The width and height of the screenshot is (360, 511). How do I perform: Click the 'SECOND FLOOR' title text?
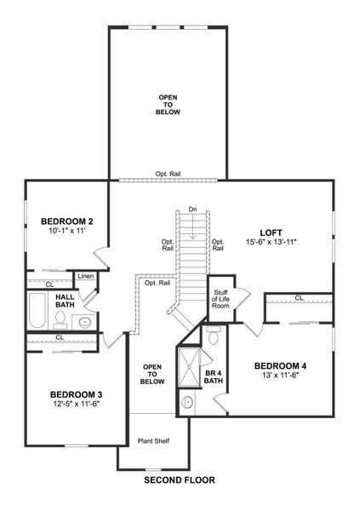coord(179,480)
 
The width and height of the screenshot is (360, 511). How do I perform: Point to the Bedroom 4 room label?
coord(280,366)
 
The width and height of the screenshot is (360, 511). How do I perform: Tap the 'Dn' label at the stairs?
coord(193,209)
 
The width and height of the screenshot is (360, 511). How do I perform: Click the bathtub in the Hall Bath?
coord(36,311)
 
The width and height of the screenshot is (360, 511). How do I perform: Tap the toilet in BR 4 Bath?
coord(214,339)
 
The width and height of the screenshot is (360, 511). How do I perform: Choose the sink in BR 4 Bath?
coord(188,402)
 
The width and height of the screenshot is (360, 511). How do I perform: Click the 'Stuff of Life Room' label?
coord(220,299)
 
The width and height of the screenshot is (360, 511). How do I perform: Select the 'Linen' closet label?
coord(86,276)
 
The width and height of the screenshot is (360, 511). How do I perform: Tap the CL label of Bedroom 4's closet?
coord(299,297)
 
